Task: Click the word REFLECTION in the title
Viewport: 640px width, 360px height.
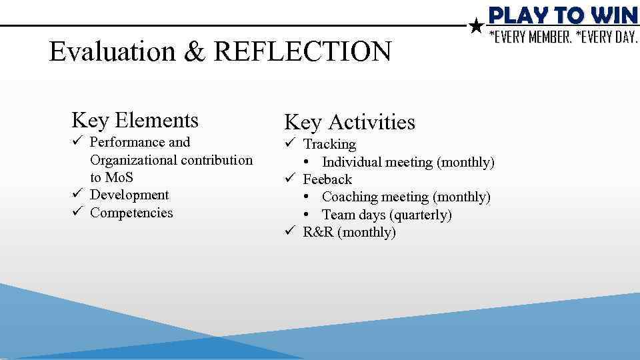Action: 303,52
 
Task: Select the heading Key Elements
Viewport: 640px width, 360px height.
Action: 135,121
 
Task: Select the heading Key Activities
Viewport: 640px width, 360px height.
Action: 349,122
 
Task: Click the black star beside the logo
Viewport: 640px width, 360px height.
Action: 476,26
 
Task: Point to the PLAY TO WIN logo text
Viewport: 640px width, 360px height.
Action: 563,15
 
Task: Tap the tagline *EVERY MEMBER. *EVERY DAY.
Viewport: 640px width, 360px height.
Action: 563,37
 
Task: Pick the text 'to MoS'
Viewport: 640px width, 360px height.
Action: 111,177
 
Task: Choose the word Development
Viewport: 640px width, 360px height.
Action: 129,195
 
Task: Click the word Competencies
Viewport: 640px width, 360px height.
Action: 131,213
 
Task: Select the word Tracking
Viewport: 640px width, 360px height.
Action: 329,144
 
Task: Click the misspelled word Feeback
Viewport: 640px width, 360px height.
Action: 327,179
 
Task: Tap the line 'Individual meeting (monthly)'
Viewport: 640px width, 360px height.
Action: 408,162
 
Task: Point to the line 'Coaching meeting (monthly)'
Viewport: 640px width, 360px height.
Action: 406,197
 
